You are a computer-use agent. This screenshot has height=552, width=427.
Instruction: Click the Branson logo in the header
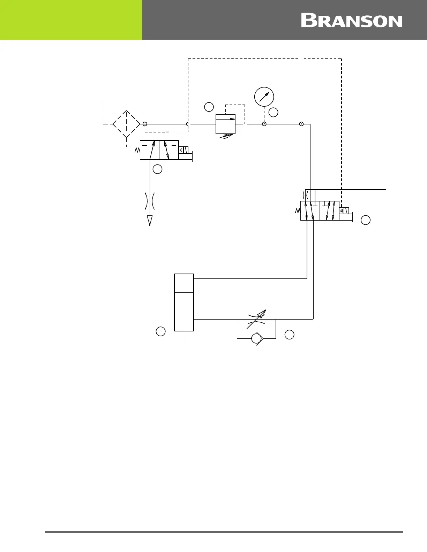pos(351,21)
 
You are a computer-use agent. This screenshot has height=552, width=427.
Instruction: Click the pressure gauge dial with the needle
pos(264,97)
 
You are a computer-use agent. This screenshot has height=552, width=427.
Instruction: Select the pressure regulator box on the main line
pos(225,124)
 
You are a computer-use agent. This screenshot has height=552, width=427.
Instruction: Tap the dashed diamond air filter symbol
pos(126,124)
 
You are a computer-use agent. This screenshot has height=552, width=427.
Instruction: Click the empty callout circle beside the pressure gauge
pos(274,112)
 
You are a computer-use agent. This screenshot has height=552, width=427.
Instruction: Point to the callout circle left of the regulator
pos(209,107)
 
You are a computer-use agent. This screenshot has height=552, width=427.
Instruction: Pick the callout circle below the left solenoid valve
pos(157,169)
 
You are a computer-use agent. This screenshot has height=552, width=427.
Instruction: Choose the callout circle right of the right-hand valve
pos(365,220)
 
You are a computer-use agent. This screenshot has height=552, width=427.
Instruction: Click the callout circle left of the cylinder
pos(160,331)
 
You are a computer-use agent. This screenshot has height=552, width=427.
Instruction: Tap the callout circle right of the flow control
pos(289,334)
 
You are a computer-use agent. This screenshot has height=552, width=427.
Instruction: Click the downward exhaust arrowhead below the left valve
pos(150,220)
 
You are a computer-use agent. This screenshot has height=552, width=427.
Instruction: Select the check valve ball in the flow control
pos(256,338)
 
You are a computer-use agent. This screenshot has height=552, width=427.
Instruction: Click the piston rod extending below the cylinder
pos(184,337)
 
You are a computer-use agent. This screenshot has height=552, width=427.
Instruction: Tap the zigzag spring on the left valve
pos(137,150)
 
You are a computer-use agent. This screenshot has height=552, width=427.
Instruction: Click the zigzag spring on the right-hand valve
pos(298,211)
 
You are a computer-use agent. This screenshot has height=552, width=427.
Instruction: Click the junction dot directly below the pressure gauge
pos(264,124)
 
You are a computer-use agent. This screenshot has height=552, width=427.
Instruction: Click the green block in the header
pos(71,20)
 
